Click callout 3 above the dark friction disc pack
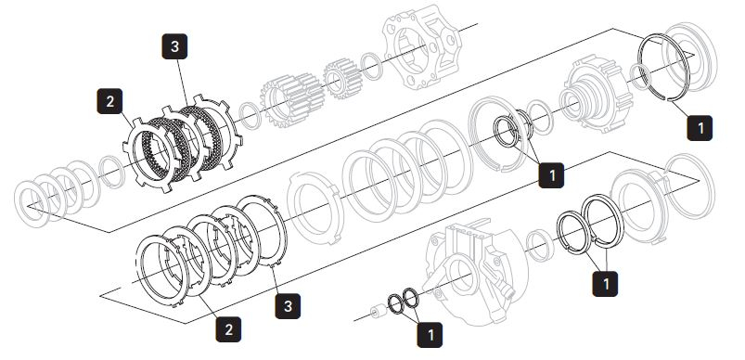[174, 46]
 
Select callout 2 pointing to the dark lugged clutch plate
[109, 101]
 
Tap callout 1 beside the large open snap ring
[700, 128]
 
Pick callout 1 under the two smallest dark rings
[430, 335]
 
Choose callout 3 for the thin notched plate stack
[288, 306]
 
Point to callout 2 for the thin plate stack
[228, 329]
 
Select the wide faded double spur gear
[291, 100]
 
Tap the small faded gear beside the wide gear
[343, 78]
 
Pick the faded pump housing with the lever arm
[470, 271]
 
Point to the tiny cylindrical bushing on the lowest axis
[378, 313]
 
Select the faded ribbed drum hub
[597, 94]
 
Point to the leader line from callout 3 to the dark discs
[183, 84]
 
